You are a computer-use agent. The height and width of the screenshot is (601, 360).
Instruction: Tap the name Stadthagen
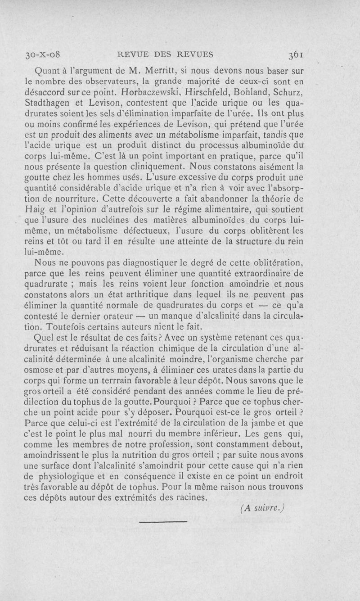click(x=47, y=103)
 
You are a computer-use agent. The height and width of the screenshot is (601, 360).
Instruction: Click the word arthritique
click(x=141, y=295)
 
